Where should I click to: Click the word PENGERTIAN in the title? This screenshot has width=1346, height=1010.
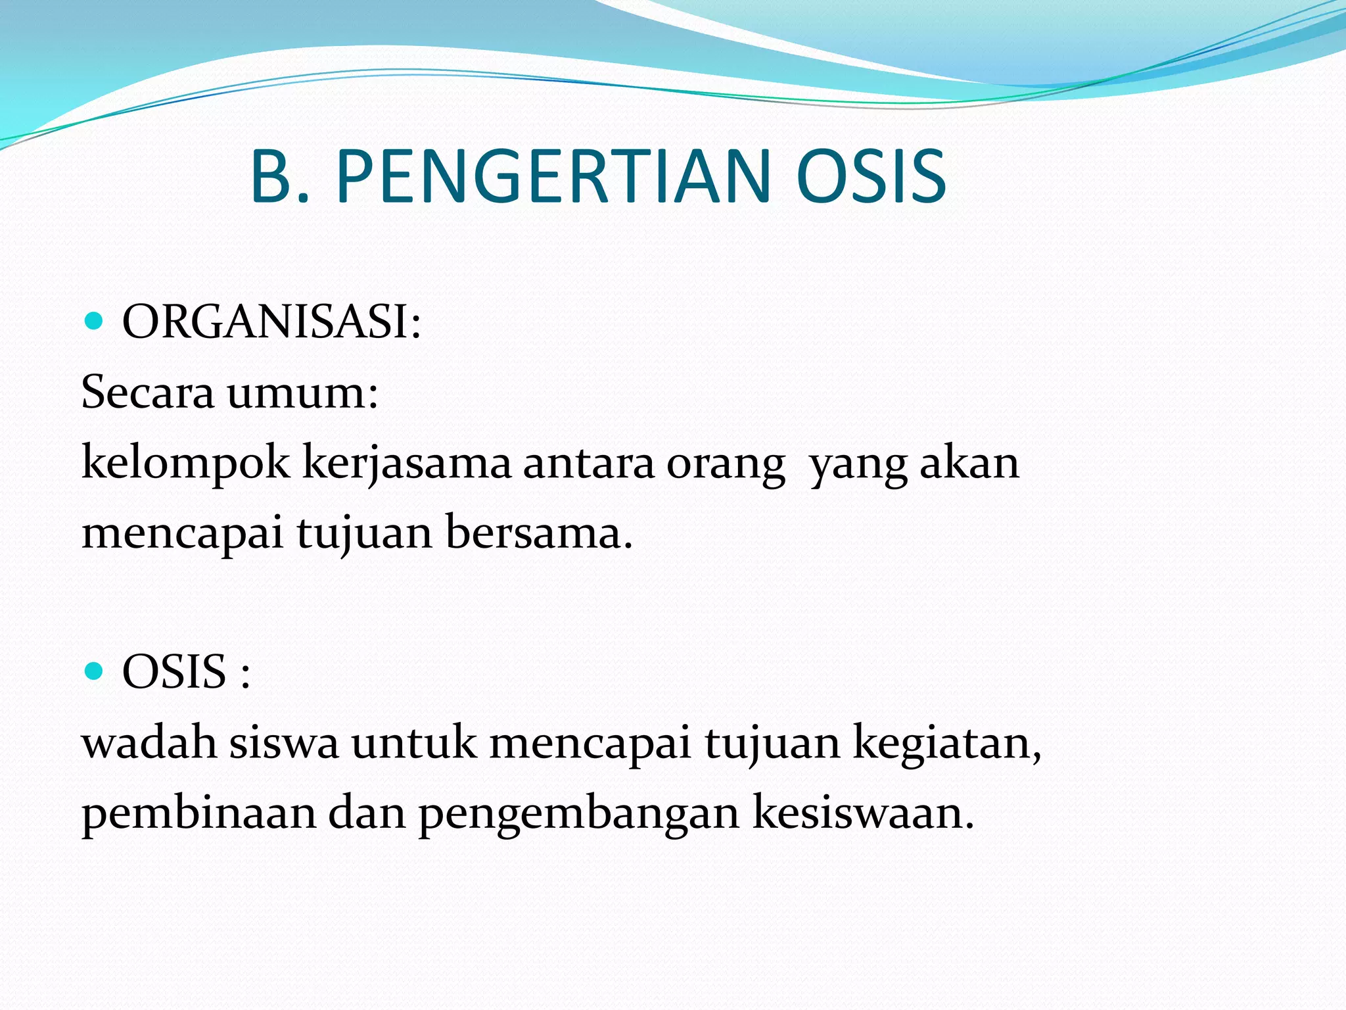[553, 176]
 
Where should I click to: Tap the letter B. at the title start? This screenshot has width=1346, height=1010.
[279, 176]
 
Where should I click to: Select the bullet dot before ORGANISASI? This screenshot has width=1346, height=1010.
[95, 322]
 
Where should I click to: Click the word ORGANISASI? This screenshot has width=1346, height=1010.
[271, 322]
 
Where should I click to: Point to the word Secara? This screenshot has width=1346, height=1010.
[147, 392]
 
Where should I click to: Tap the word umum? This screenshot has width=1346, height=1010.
[303, 393]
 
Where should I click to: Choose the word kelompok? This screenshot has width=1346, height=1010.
[185, 463]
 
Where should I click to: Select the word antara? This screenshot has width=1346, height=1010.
[589, 463]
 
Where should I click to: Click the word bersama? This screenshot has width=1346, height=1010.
[539, 532]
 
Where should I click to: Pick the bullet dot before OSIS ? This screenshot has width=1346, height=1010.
[95, 671]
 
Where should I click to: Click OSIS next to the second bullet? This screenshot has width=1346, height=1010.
[174, 672]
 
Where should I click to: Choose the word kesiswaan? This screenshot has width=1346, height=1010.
[862, 812]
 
